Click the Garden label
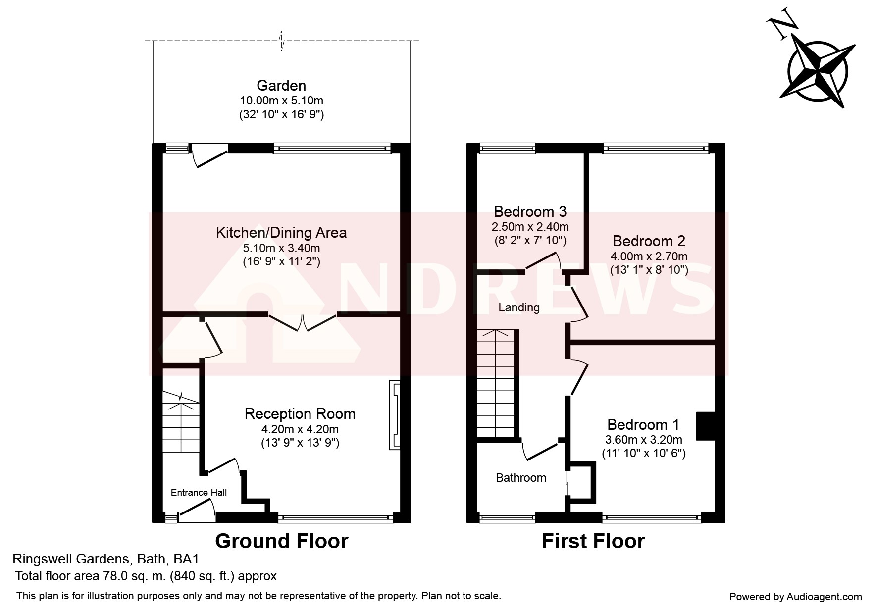[281, 86]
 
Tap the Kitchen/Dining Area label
[281, 233]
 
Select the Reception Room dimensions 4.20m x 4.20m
[300, 429]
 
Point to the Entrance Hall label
[199, 492]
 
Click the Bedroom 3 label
[530, 212]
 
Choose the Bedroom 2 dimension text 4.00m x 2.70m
[649, 256]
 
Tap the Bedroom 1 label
[643, 425]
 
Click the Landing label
[519, 307]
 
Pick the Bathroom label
[521, 478]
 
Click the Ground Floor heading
[282, 541]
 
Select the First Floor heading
[593, 541]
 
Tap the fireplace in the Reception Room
[395, 415]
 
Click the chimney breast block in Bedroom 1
[706, 426]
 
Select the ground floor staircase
[181, 421]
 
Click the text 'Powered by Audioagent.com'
[795, 597]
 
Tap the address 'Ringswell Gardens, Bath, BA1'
[105, 560]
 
